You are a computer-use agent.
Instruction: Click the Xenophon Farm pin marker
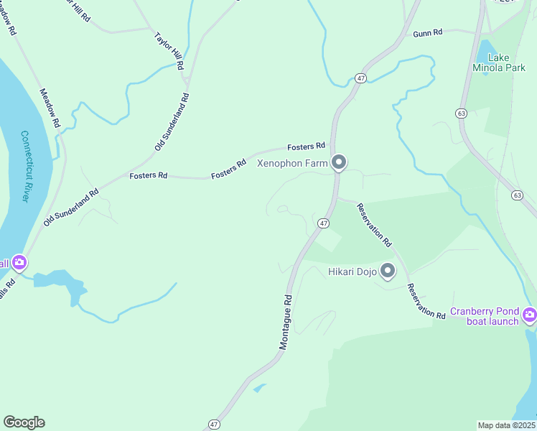pos(339,163)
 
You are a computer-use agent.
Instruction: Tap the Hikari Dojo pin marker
pos(388,271)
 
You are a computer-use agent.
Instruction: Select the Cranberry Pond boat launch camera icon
pos(530,314)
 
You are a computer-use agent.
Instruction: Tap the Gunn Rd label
pos(427,33)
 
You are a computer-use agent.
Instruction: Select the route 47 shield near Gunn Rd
pos(361,78)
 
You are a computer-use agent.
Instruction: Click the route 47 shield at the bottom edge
pos(213,425)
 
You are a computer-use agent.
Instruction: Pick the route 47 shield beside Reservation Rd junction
pos(324,223)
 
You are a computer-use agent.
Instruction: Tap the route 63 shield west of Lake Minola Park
pos(462,113)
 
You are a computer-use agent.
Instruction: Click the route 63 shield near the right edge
pos(516,195)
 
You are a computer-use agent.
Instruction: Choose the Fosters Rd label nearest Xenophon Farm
pos(307,147)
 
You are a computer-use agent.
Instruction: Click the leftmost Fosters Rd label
pos(148,175)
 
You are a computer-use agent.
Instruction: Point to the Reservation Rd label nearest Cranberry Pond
pos(425,302)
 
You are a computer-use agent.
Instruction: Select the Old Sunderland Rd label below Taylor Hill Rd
pos(172,121)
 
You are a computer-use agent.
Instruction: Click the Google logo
pos(24,422)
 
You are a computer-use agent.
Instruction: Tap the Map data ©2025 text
pos(506,425)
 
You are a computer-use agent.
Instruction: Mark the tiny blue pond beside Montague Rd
pos(258,389)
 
